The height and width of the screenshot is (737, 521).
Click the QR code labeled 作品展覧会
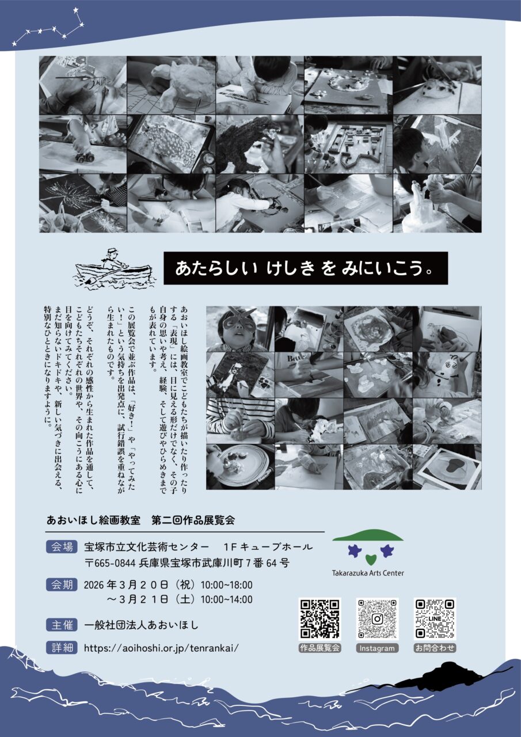(x=320, y=619)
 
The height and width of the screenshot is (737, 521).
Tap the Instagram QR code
(x=377, y=619)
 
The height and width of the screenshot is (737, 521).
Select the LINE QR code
(x=435, y=619)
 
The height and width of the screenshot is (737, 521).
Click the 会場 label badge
(x=61, y=546)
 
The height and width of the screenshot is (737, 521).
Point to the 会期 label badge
(x=61, y=584)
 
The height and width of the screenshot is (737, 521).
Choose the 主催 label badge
(x=61, y=624)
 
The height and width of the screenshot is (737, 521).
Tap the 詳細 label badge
(x=61, y=647)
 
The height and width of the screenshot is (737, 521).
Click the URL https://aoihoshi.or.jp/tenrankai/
(x=161, y=647)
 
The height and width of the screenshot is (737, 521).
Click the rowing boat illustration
(x=114, y=269)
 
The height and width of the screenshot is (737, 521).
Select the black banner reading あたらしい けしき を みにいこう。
(x=305, y=268)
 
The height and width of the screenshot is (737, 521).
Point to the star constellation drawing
(x=49, y=29)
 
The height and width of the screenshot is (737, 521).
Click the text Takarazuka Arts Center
(x=368, y=573)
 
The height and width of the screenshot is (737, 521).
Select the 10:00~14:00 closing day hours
(x=226, y=599)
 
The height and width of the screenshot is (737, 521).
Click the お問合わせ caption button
(x=435, y=648)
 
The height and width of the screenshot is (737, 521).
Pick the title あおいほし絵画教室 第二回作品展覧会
(x=141, y=520)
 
